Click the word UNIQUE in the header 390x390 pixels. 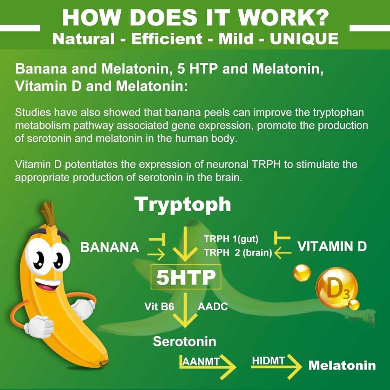(x=304, y=39)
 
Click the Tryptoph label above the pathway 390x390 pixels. (x=183, y=205)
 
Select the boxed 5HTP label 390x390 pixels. (x=186, y=277)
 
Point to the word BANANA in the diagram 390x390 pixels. (x=110, y=248)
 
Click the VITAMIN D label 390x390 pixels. (x=332, y=247)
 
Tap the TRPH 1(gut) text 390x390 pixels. (x=231, y=239)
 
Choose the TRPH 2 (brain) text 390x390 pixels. (x=238, y=253)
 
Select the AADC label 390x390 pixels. (x=213, y=307)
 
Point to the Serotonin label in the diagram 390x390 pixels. (x=184, y=341)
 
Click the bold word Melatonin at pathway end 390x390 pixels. (x=342, y=366)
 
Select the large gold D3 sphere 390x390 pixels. (x=337, y=288)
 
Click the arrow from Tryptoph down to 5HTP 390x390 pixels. (x=185, y=244)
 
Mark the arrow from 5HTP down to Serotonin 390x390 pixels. (x=185, y=310)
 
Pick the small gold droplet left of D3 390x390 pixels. (x=302, y=273)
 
